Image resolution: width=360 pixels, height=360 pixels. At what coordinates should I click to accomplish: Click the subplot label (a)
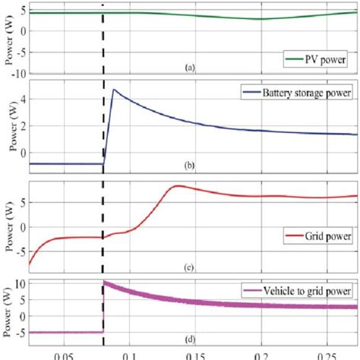pyautogui.click(x=190, y=68)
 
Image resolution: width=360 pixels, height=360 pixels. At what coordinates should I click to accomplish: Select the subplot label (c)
pyautogui.click(x=190, y=267)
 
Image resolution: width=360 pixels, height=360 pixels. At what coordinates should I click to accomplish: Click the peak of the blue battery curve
pyautogui.click(x=114, y=90)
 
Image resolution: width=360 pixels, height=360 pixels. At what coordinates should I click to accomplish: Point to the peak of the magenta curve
pyautogui.click(x=105, y=283)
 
